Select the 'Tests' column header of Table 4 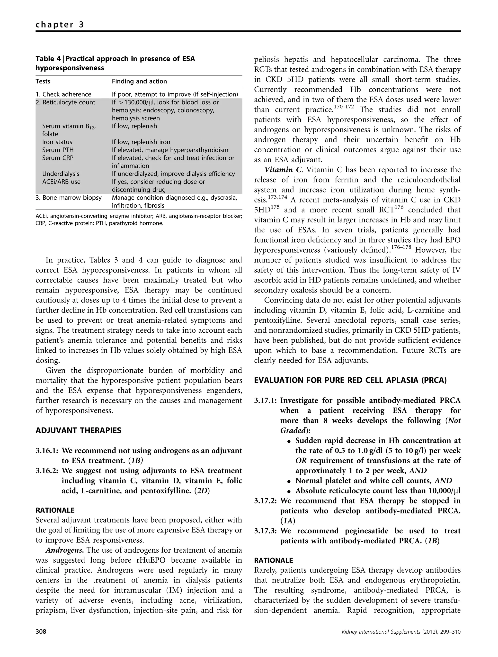(x=43, y=81)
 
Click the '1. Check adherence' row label (x=63, y=94)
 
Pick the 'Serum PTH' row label (x=58, y=150)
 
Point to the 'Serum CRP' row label (x=58, y=158)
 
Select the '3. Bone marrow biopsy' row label (x=68, y=198)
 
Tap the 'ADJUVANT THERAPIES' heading (x=78, y=430)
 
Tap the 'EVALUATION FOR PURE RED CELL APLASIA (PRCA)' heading (x=350, y=381)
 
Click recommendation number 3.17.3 (x=265, y=531)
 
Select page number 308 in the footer (x=41, y=640)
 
